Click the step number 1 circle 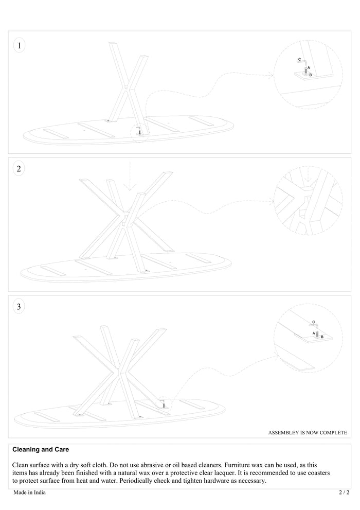pyautogui.click(x=20, y=46)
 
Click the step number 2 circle pyautogui.click(x=19, y=169)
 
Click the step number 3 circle pyautogui.click(x=19, y=307)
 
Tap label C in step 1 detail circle pyautogui.click(x=300, y=60)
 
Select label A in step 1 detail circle pyautogui.click(x=309, y=68)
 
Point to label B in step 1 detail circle pyautogui.click(x=311, y=75)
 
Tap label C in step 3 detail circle pyautogui.click(x=313, y=323)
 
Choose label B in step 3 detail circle pyautogui.click(x=322, y=337)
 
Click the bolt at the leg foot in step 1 pyautogui.click(x=138, y=132)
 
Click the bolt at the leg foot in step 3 pyautogui.click(x=164, y=406)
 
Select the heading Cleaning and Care pyautogui.click(x=41, y=449)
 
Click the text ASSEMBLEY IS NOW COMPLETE pyautogui.click(x=307, y=433)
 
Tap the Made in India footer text pyautogui.click(x=29, y=493)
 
